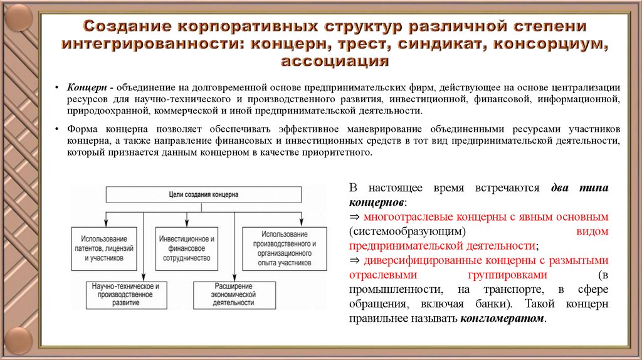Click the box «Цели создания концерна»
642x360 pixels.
coord(204,195)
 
